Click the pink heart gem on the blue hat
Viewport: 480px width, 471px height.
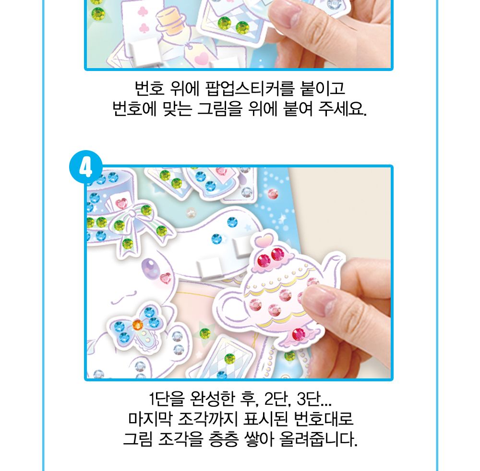pyautogui.click(x=121, y=204)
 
